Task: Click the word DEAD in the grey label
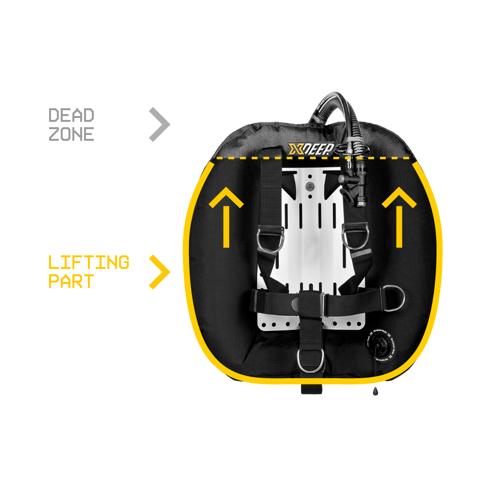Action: click(71, 116)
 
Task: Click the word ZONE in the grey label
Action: click(71, 134)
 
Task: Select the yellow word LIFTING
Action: click(89, 262)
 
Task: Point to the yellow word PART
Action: click(71, 282)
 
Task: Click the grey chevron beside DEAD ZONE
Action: click(159, 125)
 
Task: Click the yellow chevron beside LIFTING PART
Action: click(159, 272)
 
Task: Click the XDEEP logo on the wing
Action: click(310, 149)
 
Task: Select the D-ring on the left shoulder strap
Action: click(269, 239)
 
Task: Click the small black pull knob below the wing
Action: click(375, 391)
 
